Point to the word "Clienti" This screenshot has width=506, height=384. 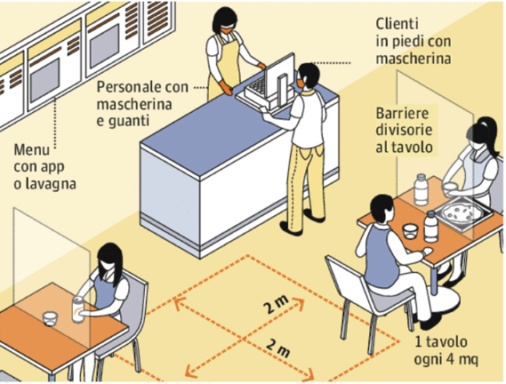pos(397,24)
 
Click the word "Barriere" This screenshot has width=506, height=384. pos(402,113)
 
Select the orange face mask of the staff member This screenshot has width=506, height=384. pos(227,31)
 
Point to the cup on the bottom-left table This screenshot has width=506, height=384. pos(50,318)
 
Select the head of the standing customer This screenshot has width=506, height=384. pos(308,76)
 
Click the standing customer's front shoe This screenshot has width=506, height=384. pos(291,228)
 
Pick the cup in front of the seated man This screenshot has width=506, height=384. pos(410,231)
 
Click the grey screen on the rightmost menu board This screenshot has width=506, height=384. pos(104,46)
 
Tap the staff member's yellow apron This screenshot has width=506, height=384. pos(224,66)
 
